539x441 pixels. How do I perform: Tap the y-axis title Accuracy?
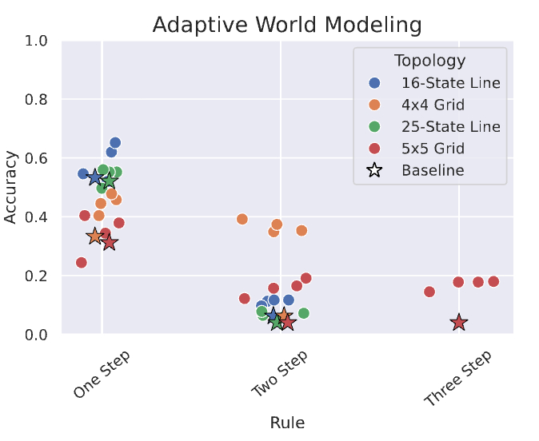coord(12,188)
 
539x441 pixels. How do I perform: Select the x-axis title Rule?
coord(286,423)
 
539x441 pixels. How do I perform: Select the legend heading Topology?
coord(429,61)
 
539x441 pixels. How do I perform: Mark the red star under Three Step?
coord(459,323)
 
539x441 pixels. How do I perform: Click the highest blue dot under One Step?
coord(115,143)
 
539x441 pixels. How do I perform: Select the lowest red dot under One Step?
coord(82,263)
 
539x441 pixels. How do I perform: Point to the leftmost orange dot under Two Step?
coord(242,219)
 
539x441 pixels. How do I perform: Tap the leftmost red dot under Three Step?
coord(429,292)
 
